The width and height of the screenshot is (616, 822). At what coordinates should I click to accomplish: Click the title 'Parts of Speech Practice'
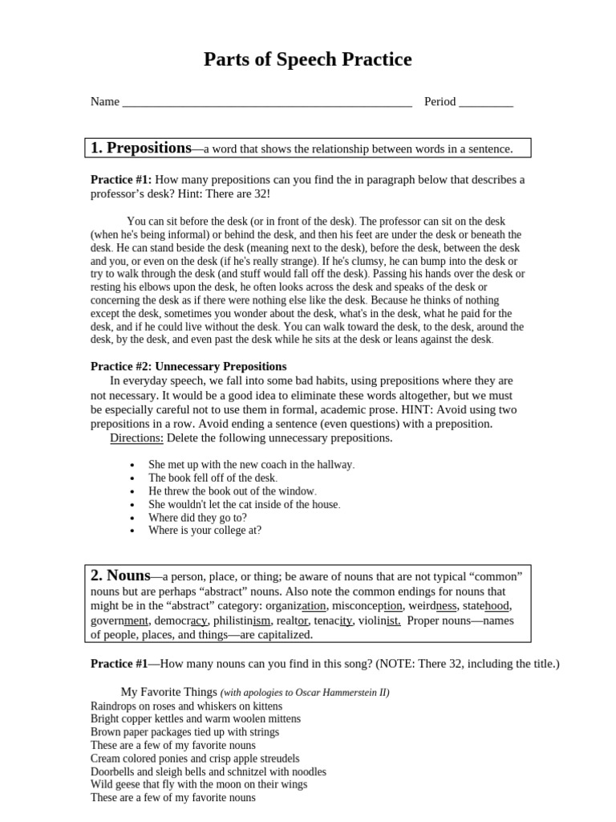[307, 59]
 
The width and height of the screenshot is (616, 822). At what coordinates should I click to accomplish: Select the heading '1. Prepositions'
[141, 148]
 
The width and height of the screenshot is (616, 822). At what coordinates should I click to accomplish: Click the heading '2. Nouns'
[120, 576]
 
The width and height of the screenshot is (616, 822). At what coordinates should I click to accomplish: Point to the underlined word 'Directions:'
[136, 438]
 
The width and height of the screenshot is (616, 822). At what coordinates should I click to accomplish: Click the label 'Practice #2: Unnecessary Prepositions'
[188, 366]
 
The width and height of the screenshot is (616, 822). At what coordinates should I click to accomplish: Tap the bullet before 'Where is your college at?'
[132, 531]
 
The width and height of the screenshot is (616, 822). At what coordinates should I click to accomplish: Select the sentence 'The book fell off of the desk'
[213, 478]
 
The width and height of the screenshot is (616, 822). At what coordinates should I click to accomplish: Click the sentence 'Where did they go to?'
[197, 518]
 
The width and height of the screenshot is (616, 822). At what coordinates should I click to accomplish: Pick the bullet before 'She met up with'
[132, 466]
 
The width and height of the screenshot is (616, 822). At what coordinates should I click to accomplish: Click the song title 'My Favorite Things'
[168, 692]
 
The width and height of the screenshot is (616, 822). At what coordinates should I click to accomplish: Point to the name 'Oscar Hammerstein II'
[342, 693]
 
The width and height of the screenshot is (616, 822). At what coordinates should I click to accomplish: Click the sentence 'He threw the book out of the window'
[232, 491]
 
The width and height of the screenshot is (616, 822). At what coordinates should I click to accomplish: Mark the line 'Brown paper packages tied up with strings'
[184, 732]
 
